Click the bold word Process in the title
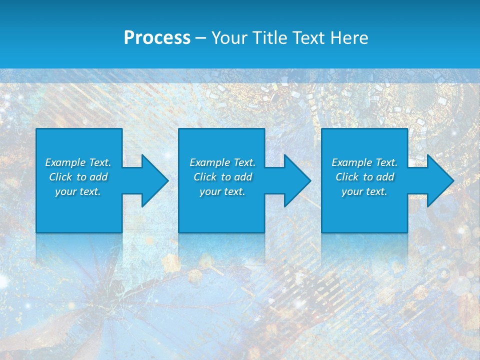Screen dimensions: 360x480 (157, 38)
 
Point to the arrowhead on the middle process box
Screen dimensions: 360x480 (295, 180)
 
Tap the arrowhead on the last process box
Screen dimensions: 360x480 (438, 180)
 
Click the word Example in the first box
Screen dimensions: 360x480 (65, 162)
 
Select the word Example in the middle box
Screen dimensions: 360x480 (209, 162)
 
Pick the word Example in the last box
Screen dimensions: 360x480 (351, 162)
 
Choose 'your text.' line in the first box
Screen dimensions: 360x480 (78, 191)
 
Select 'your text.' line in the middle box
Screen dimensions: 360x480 (222, 191)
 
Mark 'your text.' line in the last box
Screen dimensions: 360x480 (364, 191)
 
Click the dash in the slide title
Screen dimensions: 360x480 (201, 38)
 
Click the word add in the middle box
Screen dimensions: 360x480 (242, 177)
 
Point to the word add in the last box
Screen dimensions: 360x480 (384, 177)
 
